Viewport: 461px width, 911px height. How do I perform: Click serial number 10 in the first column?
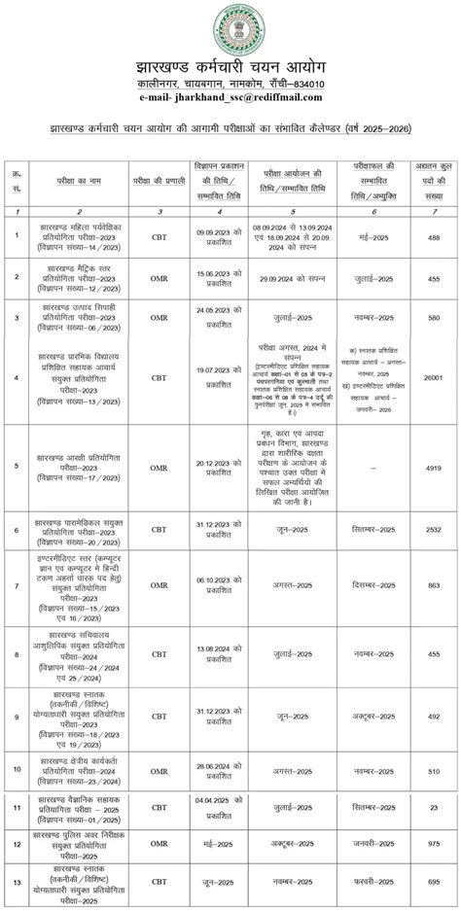coord(18,754)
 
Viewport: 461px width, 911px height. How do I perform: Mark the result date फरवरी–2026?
coord(373,880)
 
